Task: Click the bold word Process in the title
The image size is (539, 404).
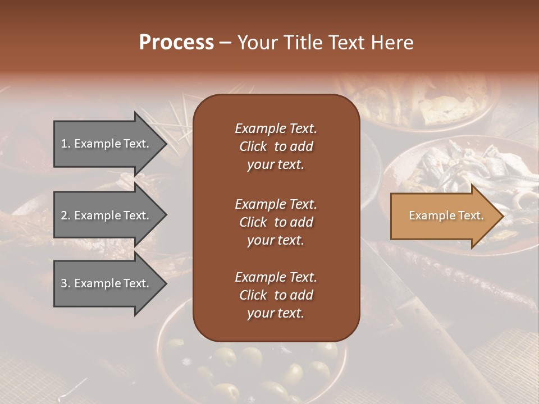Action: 176,43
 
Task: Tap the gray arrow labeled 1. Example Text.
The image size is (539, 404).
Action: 107,144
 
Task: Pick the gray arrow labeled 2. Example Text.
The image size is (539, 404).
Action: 107,215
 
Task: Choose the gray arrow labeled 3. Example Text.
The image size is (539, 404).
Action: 107,283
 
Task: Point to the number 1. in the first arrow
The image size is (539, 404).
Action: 66,144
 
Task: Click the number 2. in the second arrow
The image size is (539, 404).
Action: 66,215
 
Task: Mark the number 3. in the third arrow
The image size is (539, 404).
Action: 66,283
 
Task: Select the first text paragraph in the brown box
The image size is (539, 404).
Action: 276,146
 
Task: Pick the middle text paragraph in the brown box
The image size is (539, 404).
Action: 276,222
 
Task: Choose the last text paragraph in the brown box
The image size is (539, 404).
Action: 276,295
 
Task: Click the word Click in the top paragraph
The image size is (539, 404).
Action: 253,146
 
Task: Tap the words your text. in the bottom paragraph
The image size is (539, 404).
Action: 276,314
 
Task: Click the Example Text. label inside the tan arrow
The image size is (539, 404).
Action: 446,216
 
